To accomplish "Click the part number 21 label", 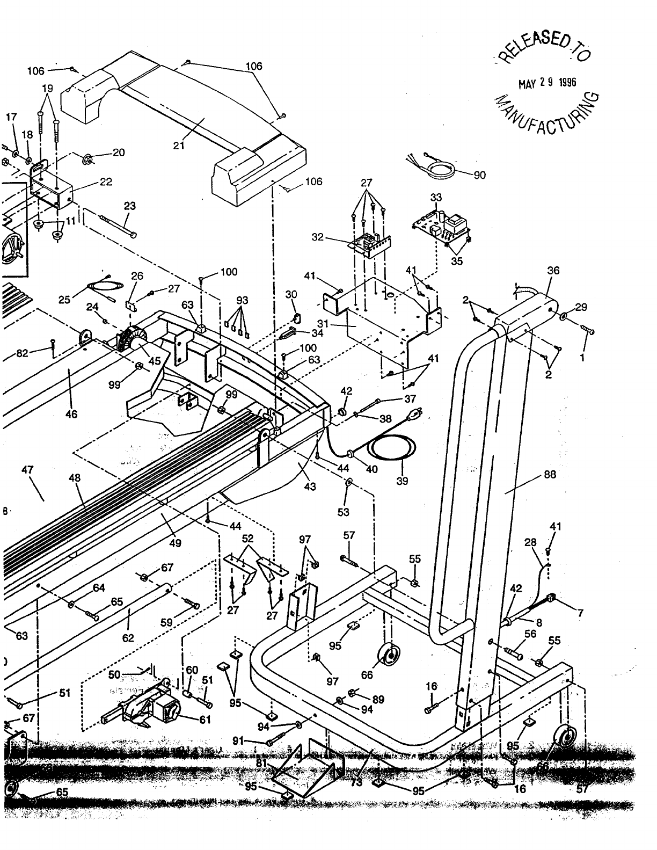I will (179, 146).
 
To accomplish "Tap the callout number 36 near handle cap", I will (553, 271).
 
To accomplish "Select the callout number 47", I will (27, 470).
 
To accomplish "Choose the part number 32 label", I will (318, 237).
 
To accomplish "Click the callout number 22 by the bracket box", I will (106, 182).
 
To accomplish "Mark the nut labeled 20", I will (87, 159).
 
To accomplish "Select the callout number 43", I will (310, 486).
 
